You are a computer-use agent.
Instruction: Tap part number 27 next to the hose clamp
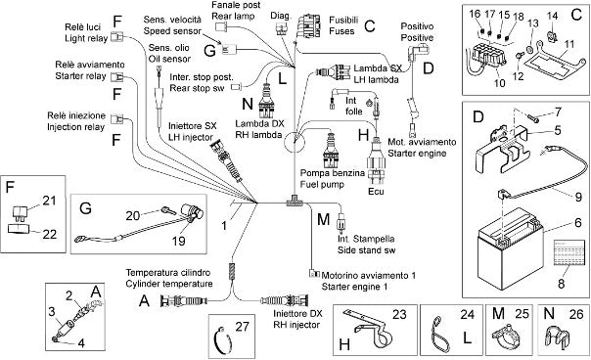coord(242,326)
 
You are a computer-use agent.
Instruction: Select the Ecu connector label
coord(376,191)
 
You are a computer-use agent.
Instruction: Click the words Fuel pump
coord(322,184)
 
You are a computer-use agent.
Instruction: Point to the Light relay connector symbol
coord(117,36)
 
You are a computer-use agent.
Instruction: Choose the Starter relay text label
coord(80,76)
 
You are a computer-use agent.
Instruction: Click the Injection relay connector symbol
coord(117,119)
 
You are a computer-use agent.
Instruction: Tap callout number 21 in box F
coord(49,201)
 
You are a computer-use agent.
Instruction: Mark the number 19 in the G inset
coord(178,241)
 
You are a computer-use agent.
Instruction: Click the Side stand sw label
coord(366,249)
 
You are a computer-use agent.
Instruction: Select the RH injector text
coord(296,325)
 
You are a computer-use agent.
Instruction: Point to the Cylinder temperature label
coord(169,284)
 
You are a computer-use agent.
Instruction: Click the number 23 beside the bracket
coord(399,314)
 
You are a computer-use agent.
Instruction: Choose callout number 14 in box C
coord(552,16)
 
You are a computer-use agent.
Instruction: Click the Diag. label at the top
coord(281,16)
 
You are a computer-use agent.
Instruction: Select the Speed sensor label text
coord(172,30)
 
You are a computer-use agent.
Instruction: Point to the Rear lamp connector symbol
coord(220,26)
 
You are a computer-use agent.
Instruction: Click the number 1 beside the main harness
coord(224,226)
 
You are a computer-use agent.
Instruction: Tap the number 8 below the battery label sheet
coord(562,283)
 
